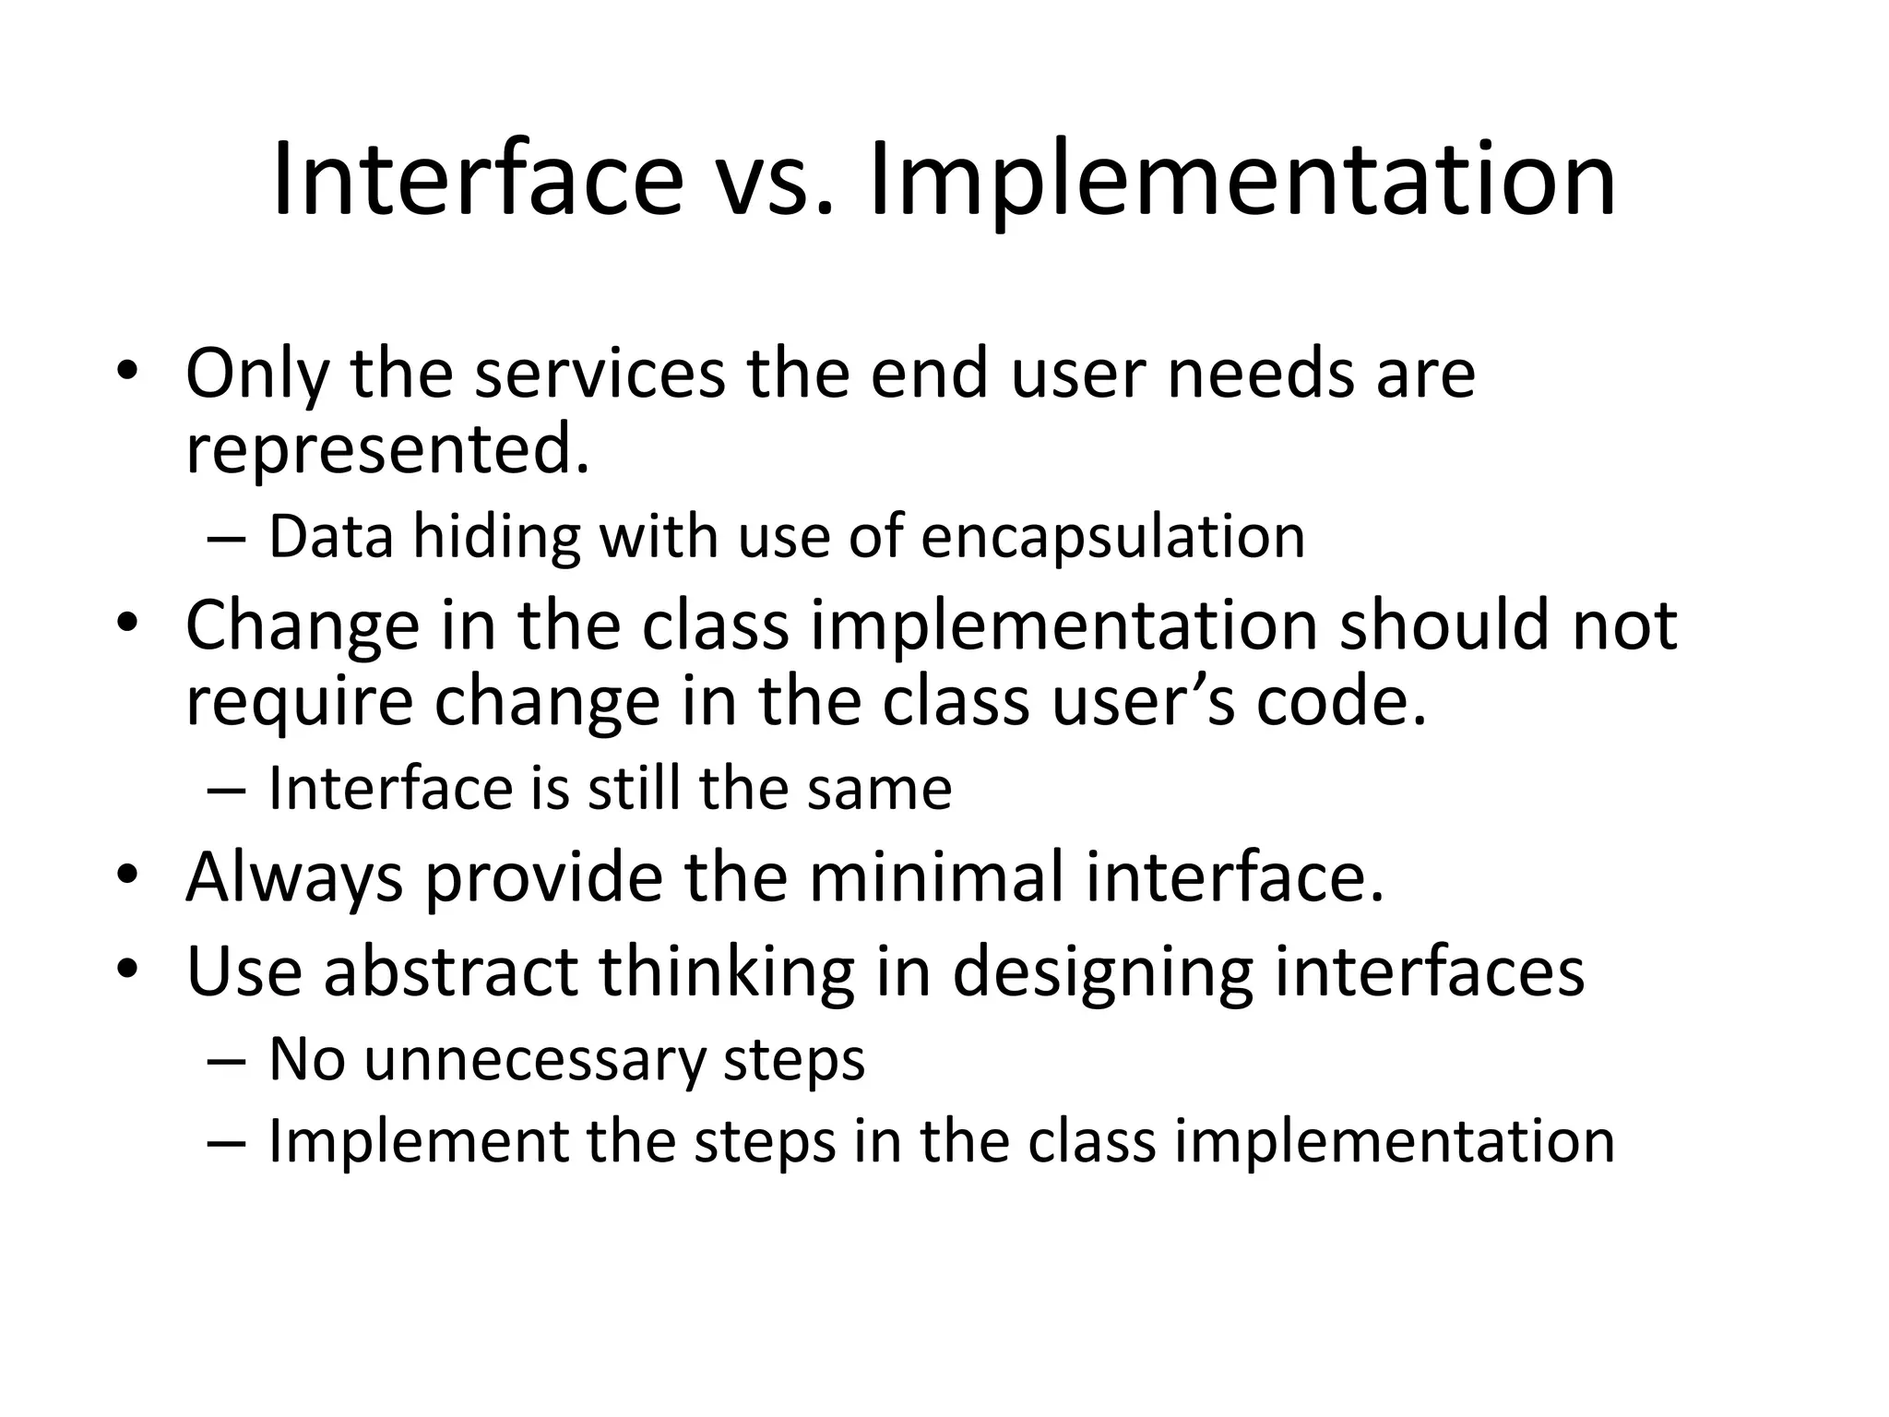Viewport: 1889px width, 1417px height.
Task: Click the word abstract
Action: pyautogui.click(x=450, y=971)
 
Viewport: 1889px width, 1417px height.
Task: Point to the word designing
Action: pyautogui.click(x=1102, y=971)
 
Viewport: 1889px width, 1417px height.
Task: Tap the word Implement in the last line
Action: pyautogui.click(x=418, y=1141)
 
